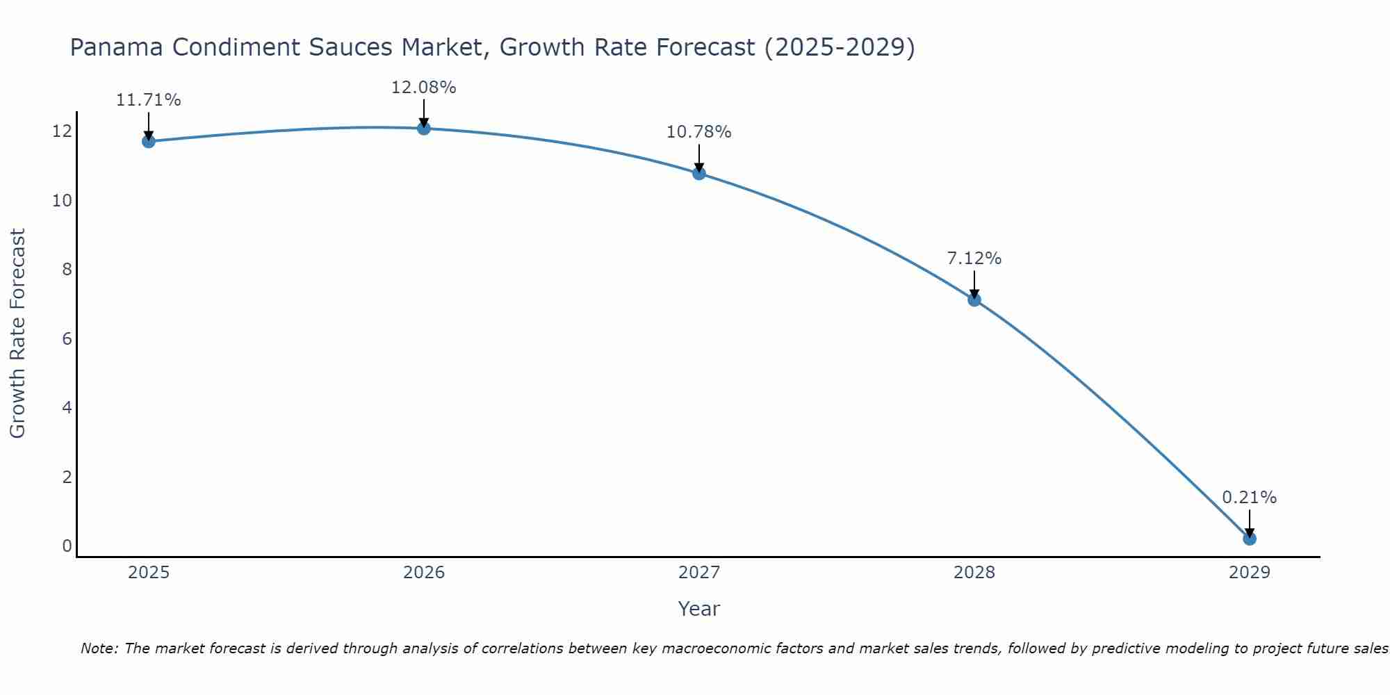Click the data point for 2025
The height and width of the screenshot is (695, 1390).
[x=148, y=141]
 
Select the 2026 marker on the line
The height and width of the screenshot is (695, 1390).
[x=424, y=128]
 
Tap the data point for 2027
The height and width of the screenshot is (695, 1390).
[x=699, y=173]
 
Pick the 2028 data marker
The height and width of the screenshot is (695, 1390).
[x=974, y=300]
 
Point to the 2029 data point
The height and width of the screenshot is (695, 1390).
[x=1250, y=539]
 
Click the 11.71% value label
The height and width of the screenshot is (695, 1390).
[x=148, y=100]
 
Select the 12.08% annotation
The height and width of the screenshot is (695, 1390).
[x=424, y=88]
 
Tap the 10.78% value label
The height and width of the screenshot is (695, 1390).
[x=699, y=132]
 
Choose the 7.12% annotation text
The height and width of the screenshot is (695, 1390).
[x=974, y=259]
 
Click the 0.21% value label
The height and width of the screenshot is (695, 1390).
[x=1250, y=498]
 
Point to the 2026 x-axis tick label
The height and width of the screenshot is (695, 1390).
[x=424, y=573]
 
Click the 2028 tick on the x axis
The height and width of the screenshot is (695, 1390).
[x=974, y=573]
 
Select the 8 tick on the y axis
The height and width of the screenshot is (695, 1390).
[x=67, y=270]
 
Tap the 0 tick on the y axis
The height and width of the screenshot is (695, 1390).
[x=67, y=546]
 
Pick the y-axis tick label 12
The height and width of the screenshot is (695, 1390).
[x=62, y=131]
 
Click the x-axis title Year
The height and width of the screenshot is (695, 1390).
[x=699, y=609]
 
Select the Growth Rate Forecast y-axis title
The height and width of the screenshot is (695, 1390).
[x=17, y=334]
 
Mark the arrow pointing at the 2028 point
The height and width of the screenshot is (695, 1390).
[x=974, y=285]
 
